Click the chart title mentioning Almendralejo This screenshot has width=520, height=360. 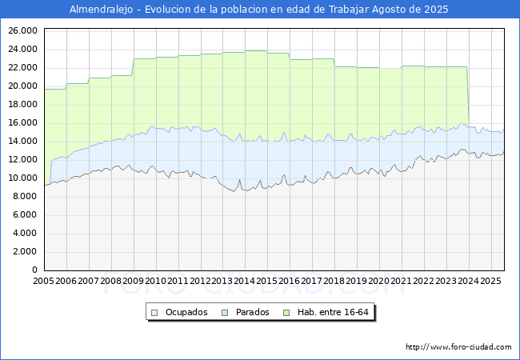(259, 10)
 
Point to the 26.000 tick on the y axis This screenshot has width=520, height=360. (22, 30)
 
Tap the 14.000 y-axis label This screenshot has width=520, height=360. (22, 141)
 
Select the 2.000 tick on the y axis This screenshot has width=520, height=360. (25, 251)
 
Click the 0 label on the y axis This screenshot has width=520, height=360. (34, 270)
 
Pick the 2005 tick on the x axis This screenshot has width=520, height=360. (44, 282)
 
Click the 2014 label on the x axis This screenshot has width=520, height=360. (245, 282)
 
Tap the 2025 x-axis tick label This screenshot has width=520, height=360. (490, 282)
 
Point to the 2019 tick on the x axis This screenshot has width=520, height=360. (357, 282)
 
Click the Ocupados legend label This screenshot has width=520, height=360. (186, 312)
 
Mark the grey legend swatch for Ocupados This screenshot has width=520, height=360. (155, 312)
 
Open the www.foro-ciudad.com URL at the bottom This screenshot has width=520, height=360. (458, 347)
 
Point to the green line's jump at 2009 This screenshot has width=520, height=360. (133, 67)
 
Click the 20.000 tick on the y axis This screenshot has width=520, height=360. (22, 86)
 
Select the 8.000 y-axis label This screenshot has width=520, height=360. (25, 196)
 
